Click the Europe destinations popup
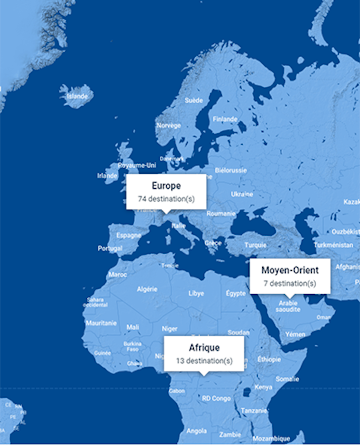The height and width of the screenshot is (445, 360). click(x=166, y=192)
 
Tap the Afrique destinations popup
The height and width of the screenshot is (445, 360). click(x=203, y=353)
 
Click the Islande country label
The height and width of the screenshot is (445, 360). click(x=78, y=96)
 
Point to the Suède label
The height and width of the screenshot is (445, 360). click(x=193, y=100)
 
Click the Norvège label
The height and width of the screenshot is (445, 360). click(x=168, y=125)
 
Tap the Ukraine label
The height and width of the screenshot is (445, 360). click(x=242, y=193)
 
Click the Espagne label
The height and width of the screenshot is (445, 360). click(x=129, y=235)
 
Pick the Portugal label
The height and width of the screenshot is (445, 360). click(x=110, y=248)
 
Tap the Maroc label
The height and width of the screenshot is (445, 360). click(x=117, y=273)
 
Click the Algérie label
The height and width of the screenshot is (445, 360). click(x=147, y=289)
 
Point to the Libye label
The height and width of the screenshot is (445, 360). click(x=196, y=293)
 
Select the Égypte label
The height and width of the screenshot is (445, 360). click(x=235, y=293)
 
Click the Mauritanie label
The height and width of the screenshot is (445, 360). click(x=102, y=323)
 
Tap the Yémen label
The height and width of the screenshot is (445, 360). click(x=296, y=334)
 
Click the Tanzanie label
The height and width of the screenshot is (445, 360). click(x=254, y=410)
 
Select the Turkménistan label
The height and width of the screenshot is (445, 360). click(x=332, y=244)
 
